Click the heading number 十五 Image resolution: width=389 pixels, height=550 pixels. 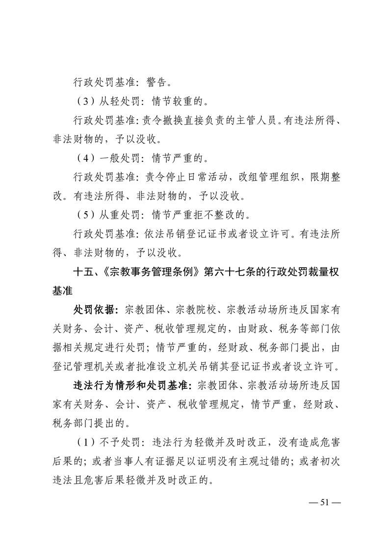click(82, 272)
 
